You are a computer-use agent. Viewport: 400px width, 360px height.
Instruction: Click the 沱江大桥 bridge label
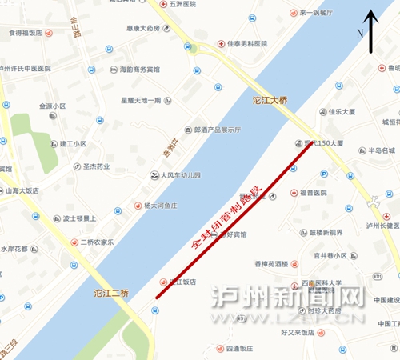(274, 102)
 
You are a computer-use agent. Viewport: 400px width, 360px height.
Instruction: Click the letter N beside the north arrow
(361, 34)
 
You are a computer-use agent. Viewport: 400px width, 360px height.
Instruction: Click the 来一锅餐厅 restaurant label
(324, 14)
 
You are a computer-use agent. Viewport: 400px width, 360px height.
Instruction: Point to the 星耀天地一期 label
(141, 101)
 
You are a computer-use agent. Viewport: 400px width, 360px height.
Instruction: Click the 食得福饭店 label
(25, 33)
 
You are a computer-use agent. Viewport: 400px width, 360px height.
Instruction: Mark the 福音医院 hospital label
(314, 193)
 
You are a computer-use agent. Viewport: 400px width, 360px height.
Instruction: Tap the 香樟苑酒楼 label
(275, 263)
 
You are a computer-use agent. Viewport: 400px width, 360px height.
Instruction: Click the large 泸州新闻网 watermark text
(292, 300)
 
